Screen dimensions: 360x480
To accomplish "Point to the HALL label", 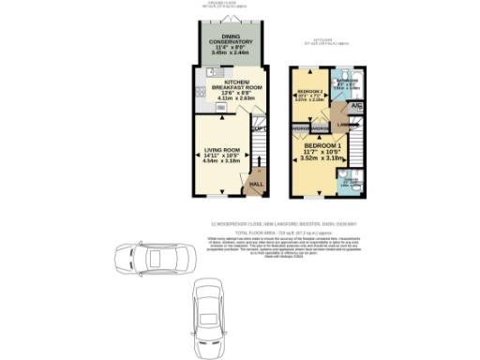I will pos(255,184).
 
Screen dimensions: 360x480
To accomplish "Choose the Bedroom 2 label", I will pos(309,91).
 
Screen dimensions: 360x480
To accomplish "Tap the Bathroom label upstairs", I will pos(347,81).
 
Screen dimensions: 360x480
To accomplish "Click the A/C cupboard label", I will pos(357,107).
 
